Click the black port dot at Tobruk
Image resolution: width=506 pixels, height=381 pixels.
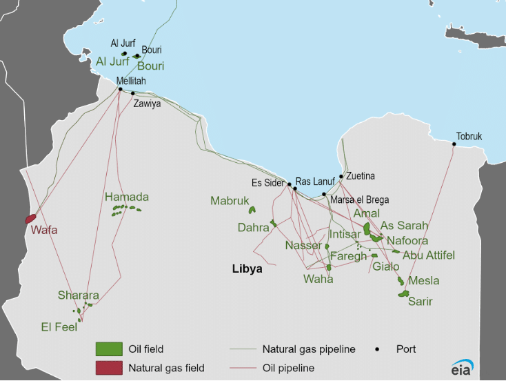(454, 144)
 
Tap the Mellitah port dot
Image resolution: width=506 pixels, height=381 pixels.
(120, 89)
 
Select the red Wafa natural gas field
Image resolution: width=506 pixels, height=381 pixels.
(30, 218)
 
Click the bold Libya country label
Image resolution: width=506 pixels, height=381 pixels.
(247, 269)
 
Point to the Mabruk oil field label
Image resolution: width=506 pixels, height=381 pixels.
(229, 201)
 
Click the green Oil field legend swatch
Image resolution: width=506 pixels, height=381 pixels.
(109, 349)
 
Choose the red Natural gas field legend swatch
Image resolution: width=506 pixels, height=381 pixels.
(109, 368)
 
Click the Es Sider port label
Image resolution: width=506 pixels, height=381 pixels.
(269, 182)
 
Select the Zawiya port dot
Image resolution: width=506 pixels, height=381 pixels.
(133, 93)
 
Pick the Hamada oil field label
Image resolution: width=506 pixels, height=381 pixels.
(126, 197)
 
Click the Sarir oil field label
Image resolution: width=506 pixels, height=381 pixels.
(421, 301)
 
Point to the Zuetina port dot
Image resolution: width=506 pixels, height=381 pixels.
(341, 176)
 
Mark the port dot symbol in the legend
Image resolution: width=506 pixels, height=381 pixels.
(378, 349)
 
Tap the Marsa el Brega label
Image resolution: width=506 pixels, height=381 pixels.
(359, 200)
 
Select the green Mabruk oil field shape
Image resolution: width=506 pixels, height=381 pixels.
(252, 210)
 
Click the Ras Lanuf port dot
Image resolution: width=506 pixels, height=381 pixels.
(295, 188)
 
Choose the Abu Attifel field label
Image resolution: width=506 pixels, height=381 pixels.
(429, 255)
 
